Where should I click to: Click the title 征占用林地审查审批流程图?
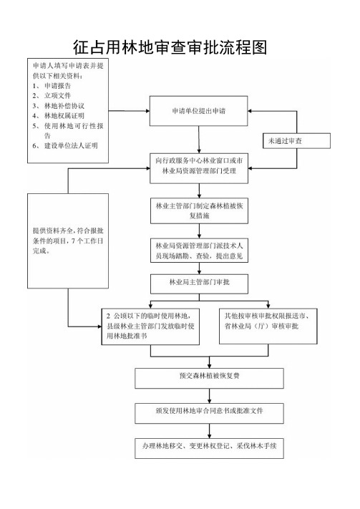pos(170,47)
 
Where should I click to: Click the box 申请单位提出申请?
pos(198,111)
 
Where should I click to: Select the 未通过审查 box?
pos(296,141)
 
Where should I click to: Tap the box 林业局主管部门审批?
pos(199,283)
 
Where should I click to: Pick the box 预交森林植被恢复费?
pos(210,378)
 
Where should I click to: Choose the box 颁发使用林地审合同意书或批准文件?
pos(210,413)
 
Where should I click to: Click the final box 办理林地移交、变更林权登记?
pos(210,448)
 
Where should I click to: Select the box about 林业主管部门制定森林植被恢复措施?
pos(199,210)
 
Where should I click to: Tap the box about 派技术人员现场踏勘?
pos(199,251)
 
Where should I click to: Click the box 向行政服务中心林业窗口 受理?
pos(199,168)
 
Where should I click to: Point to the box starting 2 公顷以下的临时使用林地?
pos(150,326)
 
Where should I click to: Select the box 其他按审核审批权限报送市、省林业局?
pos(268,326)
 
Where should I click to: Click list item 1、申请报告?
pos(52,86)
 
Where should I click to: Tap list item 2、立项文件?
pos(52,95)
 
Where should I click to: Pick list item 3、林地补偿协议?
pos(59,106)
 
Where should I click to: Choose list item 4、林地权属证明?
pos(59,115)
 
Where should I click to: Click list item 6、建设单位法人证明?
pos(65,146)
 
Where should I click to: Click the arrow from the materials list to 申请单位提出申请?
pos(129,111)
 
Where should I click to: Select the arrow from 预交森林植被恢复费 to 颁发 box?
pos(210,396)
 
